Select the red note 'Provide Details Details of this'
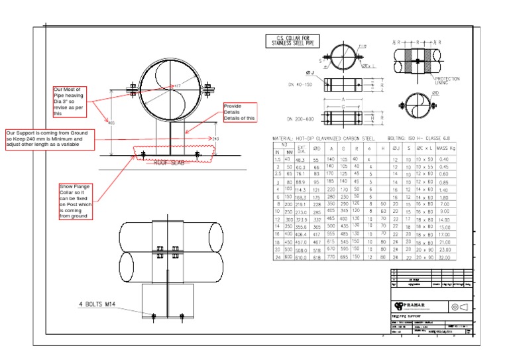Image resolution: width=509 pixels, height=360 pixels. click(x=239, y=111)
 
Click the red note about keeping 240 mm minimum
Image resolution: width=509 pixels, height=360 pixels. click(x=50, y=139)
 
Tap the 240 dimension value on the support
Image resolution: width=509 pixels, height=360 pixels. click(x=215, y=139)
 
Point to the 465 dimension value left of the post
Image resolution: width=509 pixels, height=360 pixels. click(x=111, y=123)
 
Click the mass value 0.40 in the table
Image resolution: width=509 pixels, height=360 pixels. click(x=445, y=159)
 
